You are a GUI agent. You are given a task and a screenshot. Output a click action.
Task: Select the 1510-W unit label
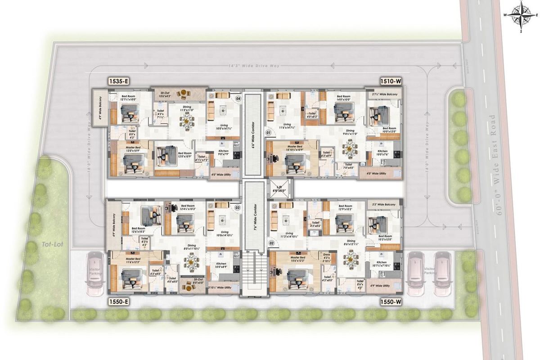[391, 81]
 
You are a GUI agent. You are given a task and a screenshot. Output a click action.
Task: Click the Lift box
[280, 189]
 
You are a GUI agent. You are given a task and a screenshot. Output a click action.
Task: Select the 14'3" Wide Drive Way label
[254, 66]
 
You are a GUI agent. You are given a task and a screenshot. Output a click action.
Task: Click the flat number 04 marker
[238, 99]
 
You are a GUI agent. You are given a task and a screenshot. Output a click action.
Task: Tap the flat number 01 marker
[268, 133]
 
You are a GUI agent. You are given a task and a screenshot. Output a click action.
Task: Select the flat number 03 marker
[238, 207]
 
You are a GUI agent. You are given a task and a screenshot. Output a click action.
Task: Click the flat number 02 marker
[271, 243]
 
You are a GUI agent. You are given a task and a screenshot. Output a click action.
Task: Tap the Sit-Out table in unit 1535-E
[183, 94]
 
